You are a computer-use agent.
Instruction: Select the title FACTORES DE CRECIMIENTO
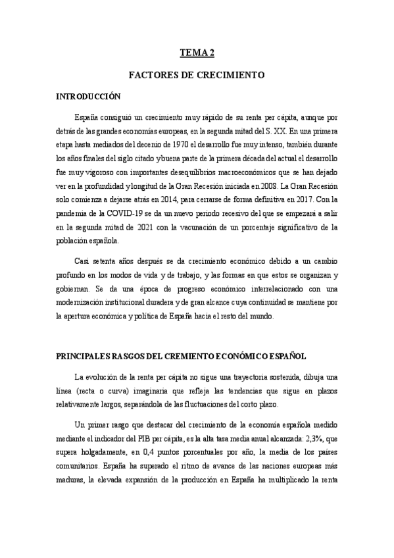[x=196, y=75]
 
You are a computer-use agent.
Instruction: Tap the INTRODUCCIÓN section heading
[x=89, y=97]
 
